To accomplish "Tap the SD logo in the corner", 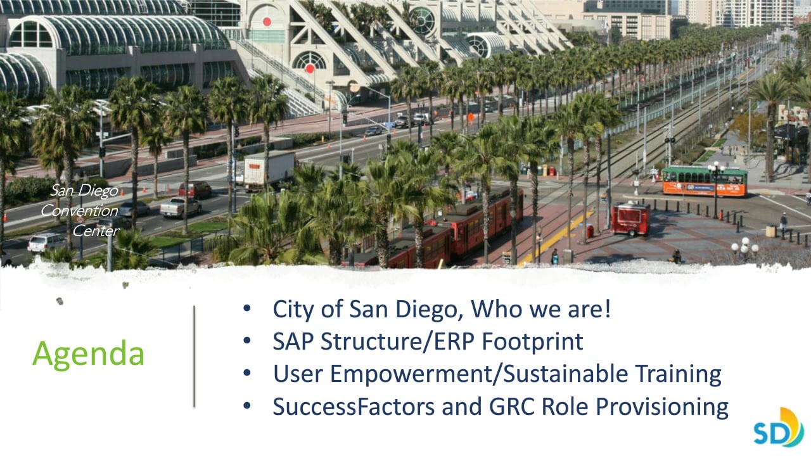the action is [x=779, y=427].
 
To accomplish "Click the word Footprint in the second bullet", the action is [x=532, y=342].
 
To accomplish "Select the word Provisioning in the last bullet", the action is [x=662, y=407].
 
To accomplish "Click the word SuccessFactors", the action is [x=354, y=407].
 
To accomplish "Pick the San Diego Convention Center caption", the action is [x=80, y=210].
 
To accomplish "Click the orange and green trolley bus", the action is [x=705, y=181].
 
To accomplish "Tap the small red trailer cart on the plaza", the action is [x=630, y=218].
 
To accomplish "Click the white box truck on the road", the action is [x=269, y=171].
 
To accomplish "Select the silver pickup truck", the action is [x=181, y=206].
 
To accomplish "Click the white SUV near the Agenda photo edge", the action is [x=47, y=242].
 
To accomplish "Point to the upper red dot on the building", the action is [x=267, y=22].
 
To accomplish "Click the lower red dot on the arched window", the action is [x=310, y=68].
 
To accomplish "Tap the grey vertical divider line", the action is [x=194, y=357].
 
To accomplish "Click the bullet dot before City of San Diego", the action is [x=247, y=308].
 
